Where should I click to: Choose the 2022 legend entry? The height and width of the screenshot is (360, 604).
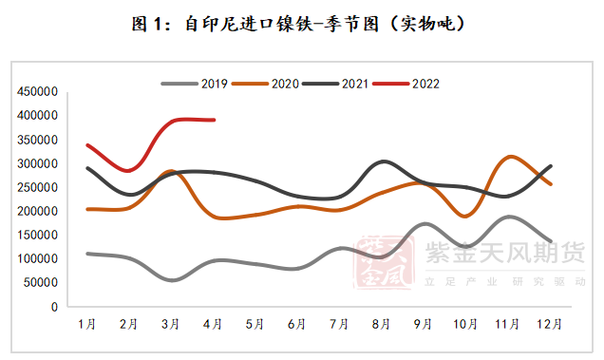pos(425,84)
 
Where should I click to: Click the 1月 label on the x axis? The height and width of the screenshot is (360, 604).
pos(86,324)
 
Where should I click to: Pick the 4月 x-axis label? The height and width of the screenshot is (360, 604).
pos(213,324)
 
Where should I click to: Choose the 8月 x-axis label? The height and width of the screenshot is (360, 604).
pos(381,324)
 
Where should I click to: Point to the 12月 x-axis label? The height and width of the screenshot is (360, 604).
pos(549,324)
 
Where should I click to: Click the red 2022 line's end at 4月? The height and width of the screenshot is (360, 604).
pos(214,120)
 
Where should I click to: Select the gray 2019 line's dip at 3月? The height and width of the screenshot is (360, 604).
pos(171,280)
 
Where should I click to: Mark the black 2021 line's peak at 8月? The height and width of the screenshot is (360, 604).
pos(382,161)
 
